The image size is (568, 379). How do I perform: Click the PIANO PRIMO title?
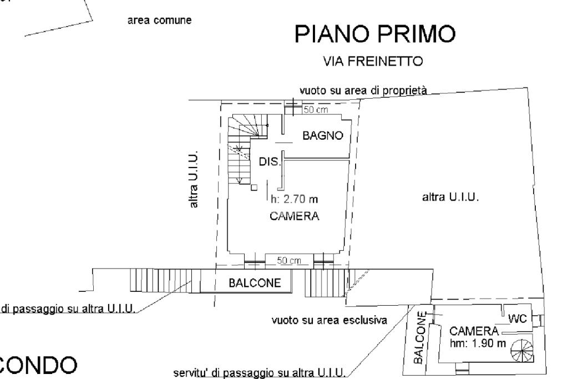coord(375,34)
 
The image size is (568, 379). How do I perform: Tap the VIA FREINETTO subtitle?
coord(373,61)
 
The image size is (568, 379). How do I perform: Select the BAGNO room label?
coord(323,135)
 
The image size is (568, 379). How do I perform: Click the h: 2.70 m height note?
coord(294,199)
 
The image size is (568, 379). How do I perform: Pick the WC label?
coord(518,319)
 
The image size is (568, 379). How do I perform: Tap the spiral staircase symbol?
coord(522,351)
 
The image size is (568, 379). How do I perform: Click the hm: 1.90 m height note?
coord(478,343)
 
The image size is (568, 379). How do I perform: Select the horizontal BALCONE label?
coord(255,283)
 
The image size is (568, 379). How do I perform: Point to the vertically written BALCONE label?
coord(419,337)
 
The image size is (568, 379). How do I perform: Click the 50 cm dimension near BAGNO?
coord(316,109)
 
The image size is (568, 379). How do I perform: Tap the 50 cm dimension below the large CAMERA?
coord(288,260)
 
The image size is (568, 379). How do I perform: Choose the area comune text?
coord(159,21)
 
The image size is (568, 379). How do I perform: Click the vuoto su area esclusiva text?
coord(329,320)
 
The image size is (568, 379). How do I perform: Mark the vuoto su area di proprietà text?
coord(363,90)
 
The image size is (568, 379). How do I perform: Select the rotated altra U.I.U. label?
coord(194,179)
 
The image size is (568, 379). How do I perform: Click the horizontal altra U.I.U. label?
coord(450,197)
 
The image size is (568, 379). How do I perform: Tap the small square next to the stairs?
coord(254,188)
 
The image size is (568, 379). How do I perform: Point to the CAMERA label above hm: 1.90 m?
coord(474,331)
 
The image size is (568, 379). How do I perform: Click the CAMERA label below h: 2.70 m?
coord(294,216)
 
